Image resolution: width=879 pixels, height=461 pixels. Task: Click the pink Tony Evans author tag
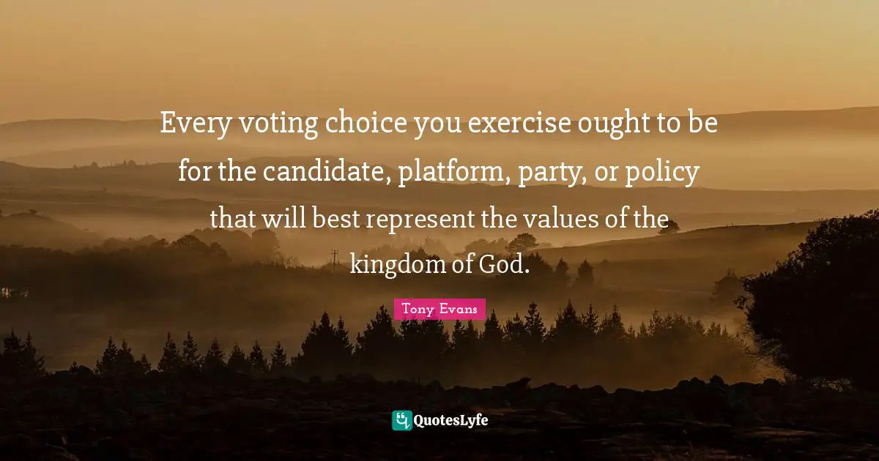439,310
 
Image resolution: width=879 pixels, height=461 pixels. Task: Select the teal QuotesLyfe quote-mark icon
401,420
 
